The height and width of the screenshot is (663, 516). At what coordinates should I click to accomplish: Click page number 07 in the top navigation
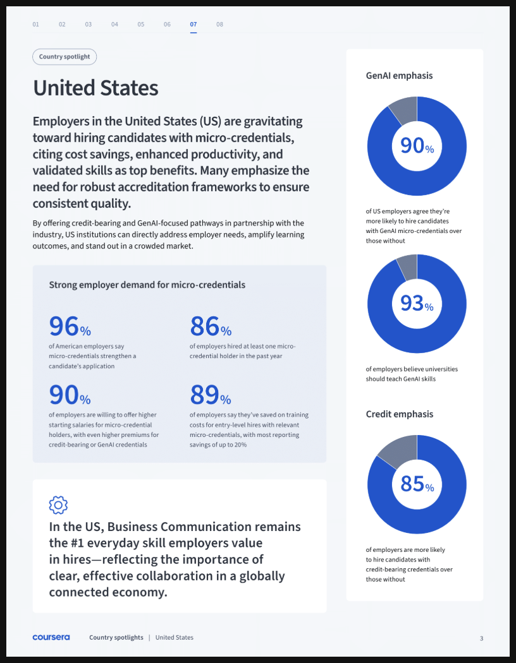coord(193,25)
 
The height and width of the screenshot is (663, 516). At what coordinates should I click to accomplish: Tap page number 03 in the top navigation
coord(89,25)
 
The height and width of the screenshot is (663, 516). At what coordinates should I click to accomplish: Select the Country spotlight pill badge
coord(64,57)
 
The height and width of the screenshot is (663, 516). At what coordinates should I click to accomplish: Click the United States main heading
coord(95,88)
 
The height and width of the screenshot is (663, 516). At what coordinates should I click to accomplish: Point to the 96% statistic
coord(70,326)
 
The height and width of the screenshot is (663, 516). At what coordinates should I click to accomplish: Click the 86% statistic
coord(211,326)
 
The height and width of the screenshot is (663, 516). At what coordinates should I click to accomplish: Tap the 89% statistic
coord(211,395)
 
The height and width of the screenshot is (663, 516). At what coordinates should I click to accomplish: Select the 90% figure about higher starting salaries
coord(70,395)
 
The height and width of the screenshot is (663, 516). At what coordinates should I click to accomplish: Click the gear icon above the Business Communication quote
coord(58,505)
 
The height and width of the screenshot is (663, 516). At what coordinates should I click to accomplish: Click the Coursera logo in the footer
coord(51,637)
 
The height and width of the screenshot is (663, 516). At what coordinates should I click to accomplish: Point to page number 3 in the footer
coord(481,638)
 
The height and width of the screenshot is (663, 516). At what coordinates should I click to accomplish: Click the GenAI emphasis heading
coord(399,76)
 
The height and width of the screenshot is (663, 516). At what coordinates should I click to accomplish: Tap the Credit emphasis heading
coord(400,414)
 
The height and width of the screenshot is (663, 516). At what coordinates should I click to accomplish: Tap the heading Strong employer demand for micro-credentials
coord(147,285)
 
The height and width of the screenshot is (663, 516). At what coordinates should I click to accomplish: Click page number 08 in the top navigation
coord(219,25)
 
